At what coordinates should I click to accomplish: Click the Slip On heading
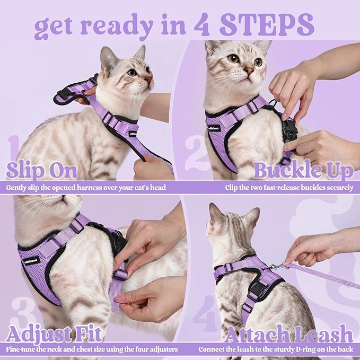tap(42, 171)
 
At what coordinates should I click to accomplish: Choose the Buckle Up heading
tap(303, 171)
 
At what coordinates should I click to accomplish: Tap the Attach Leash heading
tap(289, 335)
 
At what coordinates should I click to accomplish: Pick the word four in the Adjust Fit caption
tap(137, 349)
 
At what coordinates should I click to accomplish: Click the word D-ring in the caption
tap(298, 349)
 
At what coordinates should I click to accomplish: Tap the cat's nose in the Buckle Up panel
tap(248, 71)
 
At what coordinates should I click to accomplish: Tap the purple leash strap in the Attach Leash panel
tap(323, 276)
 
